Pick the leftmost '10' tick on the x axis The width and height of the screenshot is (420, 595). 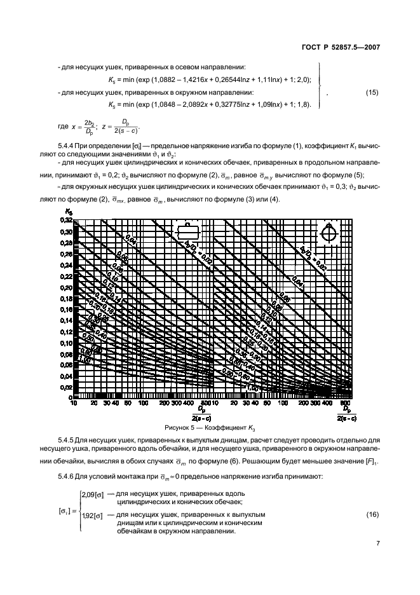pyautogui.click(x=74, y=403)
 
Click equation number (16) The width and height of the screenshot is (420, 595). pyautogui.click(x=372, y=512)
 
